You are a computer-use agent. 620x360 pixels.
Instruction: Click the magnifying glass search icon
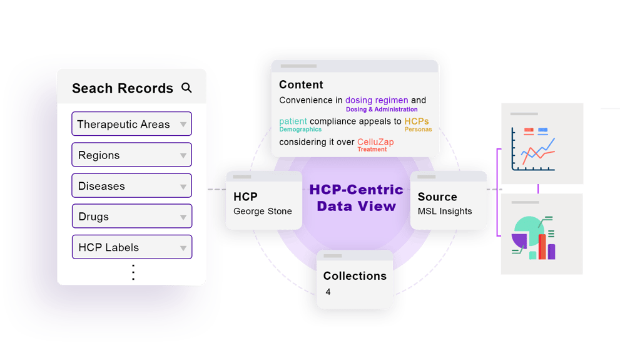pos(186,88)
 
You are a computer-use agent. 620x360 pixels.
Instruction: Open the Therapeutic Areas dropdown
pos(131,124)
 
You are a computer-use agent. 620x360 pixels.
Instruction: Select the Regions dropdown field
pos(131,155)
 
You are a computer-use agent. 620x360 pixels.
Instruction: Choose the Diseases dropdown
pos(131,185)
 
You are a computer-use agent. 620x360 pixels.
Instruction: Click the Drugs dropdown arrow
pos(183,217)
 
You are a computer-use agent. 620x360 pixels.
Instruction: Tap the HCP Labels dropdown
pos(131,247)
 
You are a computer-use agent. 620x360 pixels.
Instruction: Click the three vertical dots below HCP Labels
pos(133,272)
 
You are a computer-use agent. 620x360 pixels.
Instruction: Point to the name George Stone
pos(263,211)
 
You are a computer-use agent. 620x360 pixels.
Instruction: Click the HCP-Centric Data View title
pos(356,197)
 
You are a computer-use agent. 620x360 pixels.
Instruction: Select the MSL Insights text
pos(445,211)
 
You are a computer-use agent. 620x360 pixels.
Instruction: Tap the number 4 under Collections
pos(328,292)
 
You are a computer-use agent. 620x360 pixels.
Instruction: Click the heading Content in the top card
pos(301,85)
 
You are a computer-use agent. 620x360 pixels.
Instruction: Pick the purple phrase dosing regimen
pos(377,100)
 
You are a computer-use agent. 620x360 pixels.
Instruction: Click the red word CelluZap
pos(375,142)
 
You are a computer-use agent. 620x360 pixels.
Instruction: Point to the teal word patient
pos(293,121)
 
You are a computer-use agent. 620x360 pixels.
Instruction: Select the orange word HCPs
pos(417,121)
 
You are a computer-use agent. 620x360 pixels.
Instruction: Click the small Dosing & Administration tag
pos(382,110)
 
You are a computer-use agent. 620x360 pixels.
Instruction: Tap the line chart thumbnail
pos(542,144)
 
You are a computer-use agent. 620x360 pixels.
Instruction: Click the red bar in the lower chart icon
pos(542,247)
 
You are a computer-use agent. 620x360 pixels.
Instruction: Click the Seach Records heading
pos(123,88)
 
